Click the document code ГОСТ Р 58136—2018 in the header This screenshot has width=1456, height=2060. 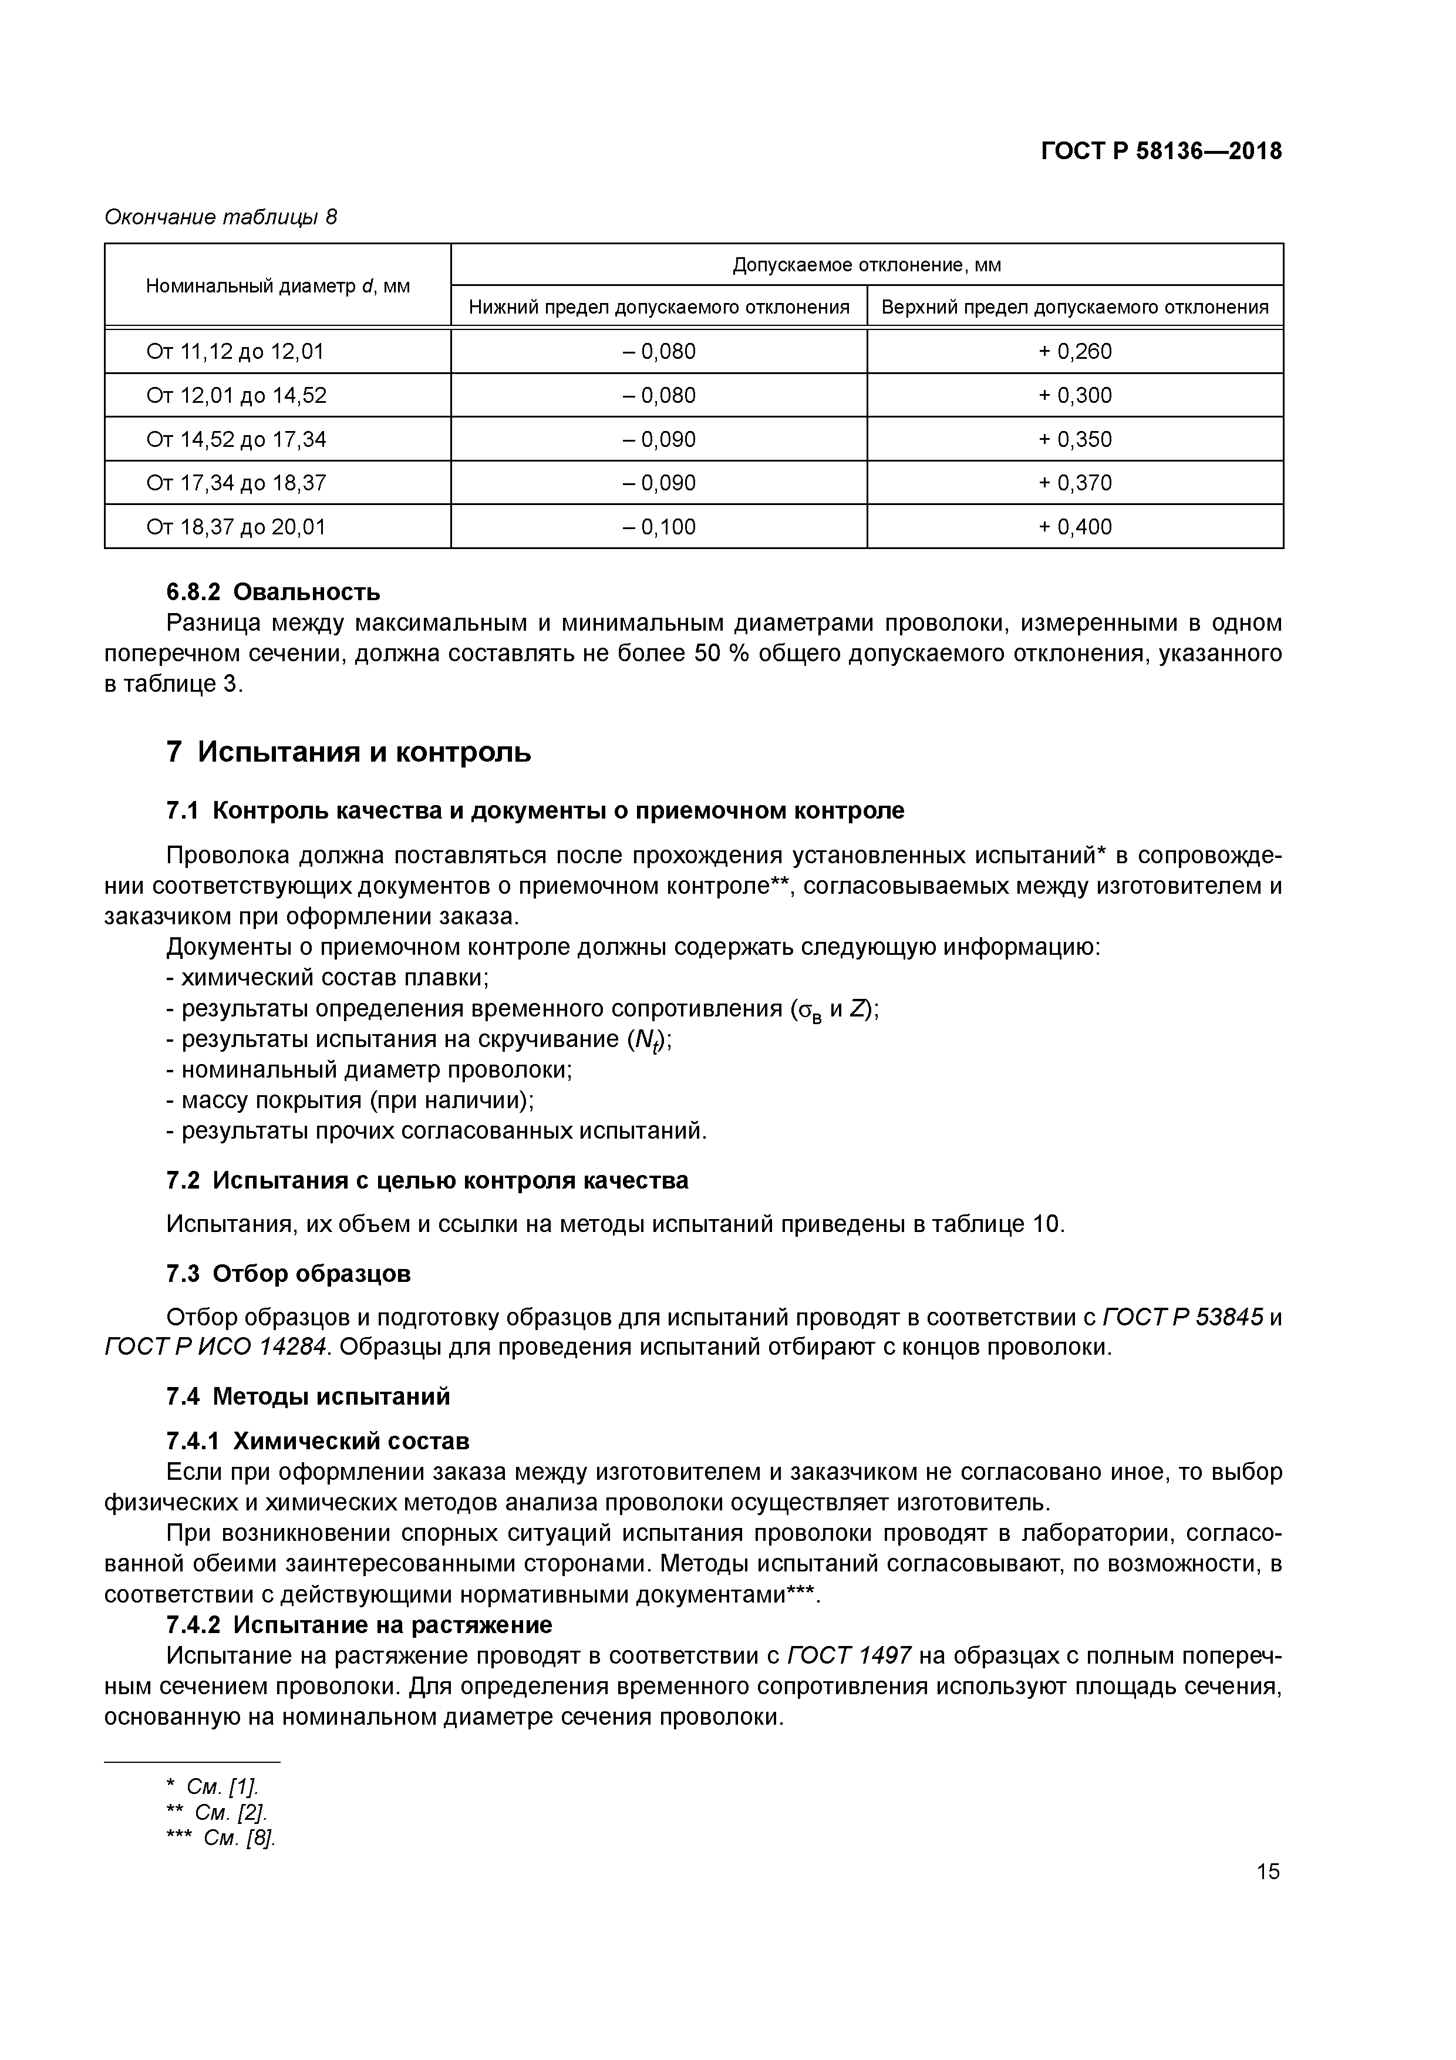click(x=1161, y=152)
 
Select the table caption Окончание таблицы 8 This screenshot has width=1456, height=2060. click(x=221, y=217)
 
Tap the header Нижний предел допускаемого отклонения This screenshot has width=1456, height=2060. click(x=659, y=308)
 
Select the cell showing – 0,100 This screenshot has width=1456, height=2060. click(x=659, y=527)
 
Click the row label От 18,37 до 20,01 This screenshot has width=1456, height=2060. click(x=236, y=527)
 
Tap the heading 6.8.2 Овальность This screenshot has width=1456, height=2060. click(x=273, y=592)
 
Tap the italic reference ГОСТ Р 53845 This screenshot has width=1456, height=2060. click(x=1182, y=1317)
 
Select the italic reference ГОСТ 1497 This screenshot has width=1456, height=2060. click(x=849, y=1655)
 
